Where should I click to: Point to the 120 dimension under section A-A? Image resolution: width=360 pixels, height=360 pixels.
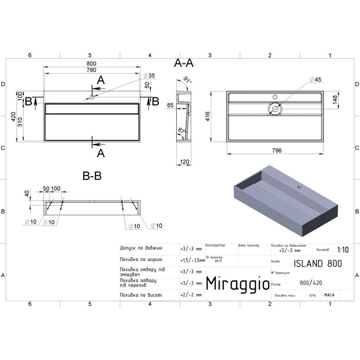[x=184, y=161]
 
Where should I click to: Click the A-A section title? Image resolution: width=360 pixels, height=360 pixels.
[x=184, y=63]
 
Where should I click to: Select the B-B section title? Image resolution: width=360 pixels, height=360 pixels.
[x=92, y=176]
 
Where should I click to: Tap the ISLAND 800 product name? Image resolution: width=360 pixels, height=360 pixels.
[x=317, y=263]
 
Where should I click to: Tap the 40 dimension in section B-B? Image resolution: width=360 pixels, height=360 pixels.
[x=26, y=194]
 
